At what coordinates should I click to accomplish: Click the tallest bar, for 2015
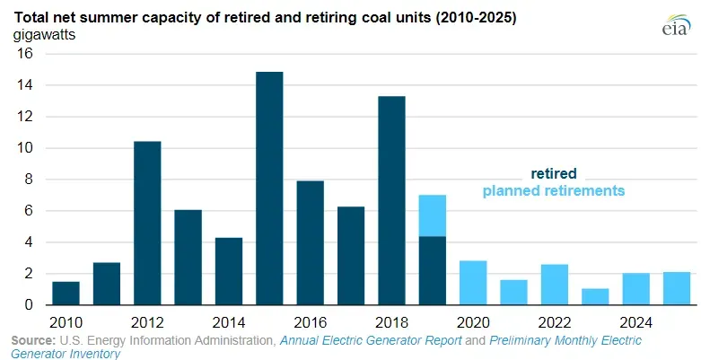(x=269, y=189)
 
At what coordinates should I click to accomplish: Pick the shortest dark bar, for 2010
(x=66, y=293)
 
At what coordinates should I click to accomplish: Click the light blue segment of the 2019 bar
(x=432, y=215)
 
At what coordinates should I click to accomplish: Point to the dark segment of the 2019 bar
(x=432, y=270)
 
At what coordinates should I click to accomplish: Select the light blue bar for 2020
(x=473, y=283)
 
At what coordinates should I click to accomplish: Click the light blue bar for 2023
(x=595, y=296)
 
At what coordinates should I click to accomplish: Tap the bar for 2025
(x=676, y=288)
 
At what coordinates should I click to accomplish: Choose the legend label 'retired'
(x=553, y=173)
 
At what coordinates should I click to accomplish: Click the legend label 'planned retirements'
(x=553, y=190)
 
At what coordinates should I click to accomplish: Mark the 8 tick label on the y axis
(x=28, y=180)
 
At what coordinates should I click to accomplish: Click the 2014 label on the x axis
(x=229, y=321)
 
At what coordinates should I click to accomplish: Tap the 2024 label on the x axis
(x=635, y=321)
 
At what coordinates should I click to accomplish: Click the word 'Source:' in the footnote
(x=32, y=340)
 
